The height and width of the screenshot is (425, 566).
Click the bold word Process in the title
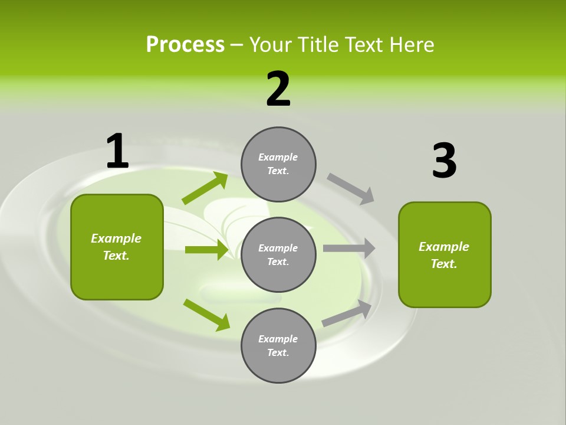[x=185, y=45]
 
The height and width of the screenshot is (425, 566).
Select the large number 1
[x=117, y=152]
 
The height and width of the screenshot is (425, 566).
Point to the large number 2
[x=278, y=89]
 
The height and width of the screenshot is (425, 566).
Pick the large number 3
[x=444, y=161]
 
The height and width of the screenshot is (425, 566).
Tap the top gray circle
[x=278, y=164]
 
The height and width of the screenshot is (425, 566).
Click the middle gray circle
[x=278, y=254]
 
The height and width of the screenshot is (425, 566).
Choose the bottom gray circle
[x=278, y=345]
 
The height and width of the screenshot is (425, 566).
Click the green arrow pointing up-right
[x=205, y=189]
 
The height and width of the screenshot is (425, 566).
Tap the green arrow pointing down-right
[x=206, y=315]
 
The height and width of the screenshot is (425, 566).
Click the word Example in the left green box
[x=116, y=238]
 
